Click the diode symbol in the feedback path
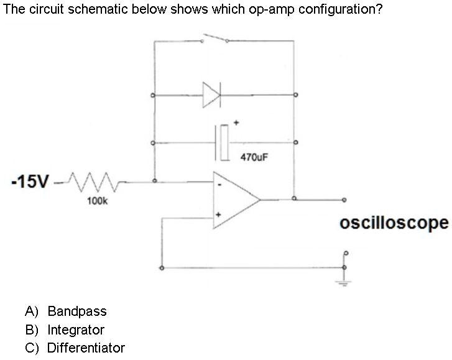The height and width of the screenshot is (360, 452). coord(211,95)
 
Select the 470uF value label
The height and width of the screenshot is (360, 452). coord(254,158)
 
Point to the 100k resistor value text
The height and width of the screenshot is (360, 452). coord(96,201)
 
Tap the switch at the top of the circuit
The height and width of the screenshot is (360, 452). coord(214,40)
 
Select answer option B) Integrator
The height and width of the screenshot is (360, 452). coord(65,330)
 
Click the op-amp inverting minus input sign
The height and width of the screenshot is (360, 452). coord(218,185)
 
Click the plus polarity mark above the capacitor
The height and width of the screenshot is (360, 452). coord(236,123)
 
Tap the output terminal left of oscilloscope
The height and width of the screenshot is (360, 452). coord(343,200)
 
